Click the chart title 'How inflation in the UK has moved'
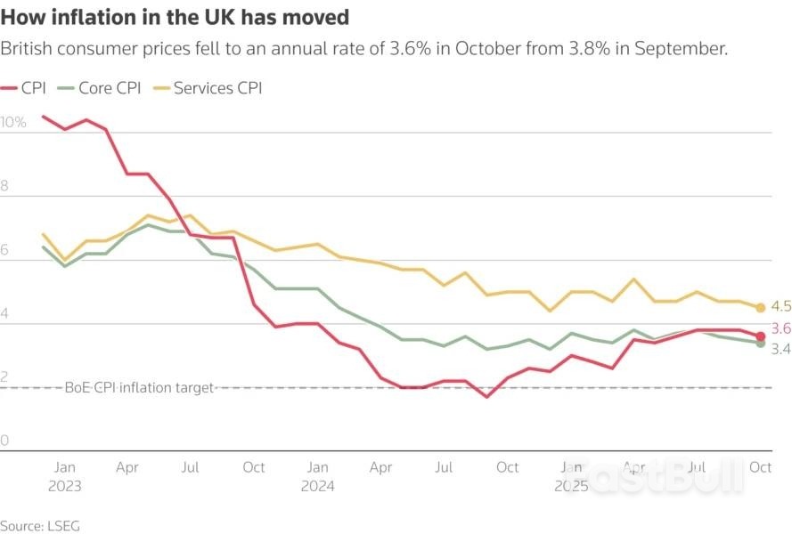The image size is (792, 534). click(174, 17)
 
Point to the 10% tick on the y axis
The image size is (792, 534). click(14, 122)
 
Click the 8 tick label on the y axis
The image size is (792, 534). click(4, 186)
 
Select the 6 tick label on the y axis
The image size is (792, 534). click(4, 250)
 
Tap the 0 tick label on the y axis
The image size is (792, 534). click(4, 441)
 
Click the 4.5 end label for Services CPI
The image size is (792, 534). click(780, 306)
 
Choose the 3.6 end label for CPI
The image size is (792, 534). click(780, 328)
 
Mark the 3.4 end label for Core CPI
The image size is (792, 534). click(780, 349)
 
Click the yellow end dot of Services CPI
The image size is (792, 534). click(760, 308)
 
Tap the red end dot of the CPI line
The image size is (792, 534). click(760, 336)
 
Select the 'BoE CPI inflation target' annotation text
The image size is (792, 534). click(139, 387)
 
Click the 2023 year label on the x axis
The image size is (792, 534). click(65, 486)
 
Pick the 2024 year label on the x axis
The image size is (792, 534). click(317, 486)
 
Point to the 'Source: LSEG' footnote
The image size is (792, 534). click(40, 525)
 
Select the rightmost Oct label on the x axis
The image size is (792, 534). click(760, 466)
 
